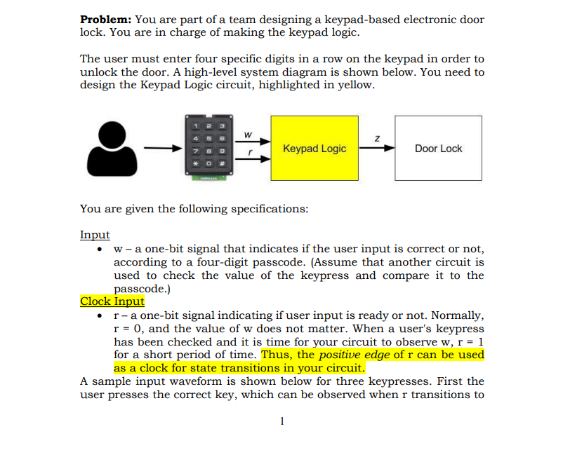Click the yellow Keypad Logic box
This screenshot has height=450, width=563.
(x=314, y=149)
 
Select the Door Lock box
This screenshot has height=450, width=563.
(x=438, y=149)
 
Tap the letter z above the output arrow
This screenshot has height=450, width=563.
(x=376, y=139)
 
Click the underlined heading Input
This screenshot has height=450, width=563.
(x=95, y=235)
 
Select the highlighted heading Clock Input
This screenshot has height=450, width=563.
(x=112, y=301)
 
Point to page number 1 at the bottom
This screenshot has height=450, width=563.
(x=281, y=421)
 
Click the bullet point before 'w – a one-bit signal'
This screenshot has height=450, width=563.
(x=103, y=250)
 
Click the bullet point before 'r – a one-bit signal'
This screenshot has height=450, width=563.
(x=103, y=316)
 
